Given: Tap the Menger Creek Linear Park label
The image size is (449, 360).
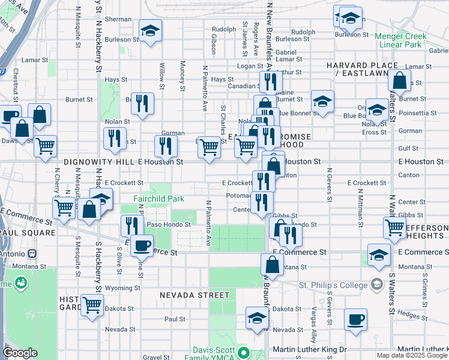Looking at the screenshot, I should [400, 40].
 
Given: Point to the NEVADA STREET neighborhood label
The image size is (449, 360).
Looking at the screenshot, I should [194, 295].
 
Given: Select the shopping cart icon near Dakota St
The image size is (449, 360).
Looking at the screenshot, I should [91, 305].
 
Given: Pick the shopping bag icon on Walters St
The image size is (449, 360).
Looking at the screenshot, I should [399, 80].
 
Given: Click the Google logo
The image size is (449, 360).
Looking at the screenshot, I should [20, 353].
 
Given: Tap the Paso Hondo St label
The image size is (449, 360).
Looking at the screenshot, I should [169, 224].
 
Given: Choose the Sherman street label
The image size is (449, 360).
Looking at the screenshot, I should [118, 19].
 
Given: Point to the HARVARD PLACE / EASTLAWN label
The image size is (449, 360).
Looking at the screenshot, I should [362, 69].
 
